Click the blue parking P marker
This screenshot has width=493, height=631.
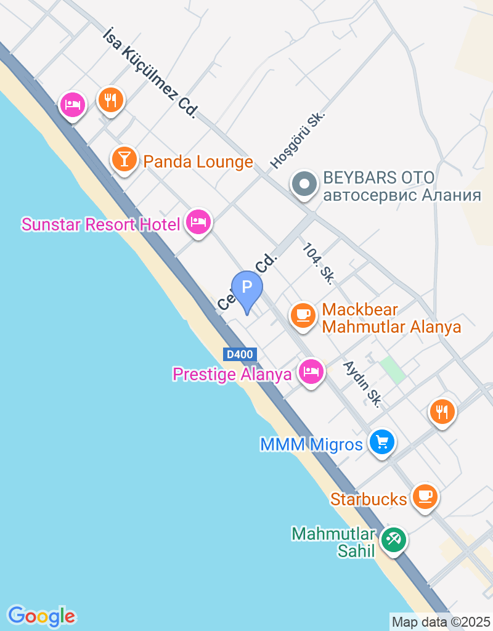pyautogui.click(x=247, y=288)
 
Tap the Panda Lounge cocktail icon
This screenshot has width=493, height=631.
pyautogui.click(x=124, y=159)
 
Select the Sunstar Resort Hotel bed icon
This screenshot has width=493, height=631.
pyautogui.click(x=198, y=221)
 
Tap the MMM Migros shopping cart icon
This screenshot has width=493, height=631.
pyautogui.click(x=382, y=442)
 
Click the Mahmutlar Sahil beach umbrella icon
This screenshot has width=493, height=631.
pyautogui.click(x=393, y=540)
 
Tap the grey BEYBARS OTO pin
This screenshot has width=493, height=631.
pyautogui.click(x=303, y=184)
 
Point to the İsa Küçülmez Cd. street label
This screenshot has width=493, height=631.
pyautogui.click(x=150, y=72)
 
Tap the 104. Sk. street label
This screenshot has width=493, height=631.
pyautogui.click(x=318, y=263)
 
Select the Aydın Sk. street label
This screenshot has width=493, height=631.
pyautogui.click(x=363, y=383)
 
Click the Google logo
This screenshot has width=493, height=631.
pyautogui.click(x=41, y=616)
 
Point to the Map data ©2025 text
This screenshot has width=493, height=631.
pyautogui.click(x=441, y=622)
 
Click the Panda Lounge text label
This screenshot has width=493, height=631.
pyautogui.click(x=198, y=162)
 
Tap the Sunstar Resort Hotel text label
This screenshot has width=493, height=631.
pyautogui.click(x=100, y=224)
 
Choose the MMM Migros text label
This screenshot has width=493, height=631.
pyautogui.click(x=311, y=444)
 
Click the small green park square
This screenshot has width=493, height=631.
pyautogui.click(x=392, y=368)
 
